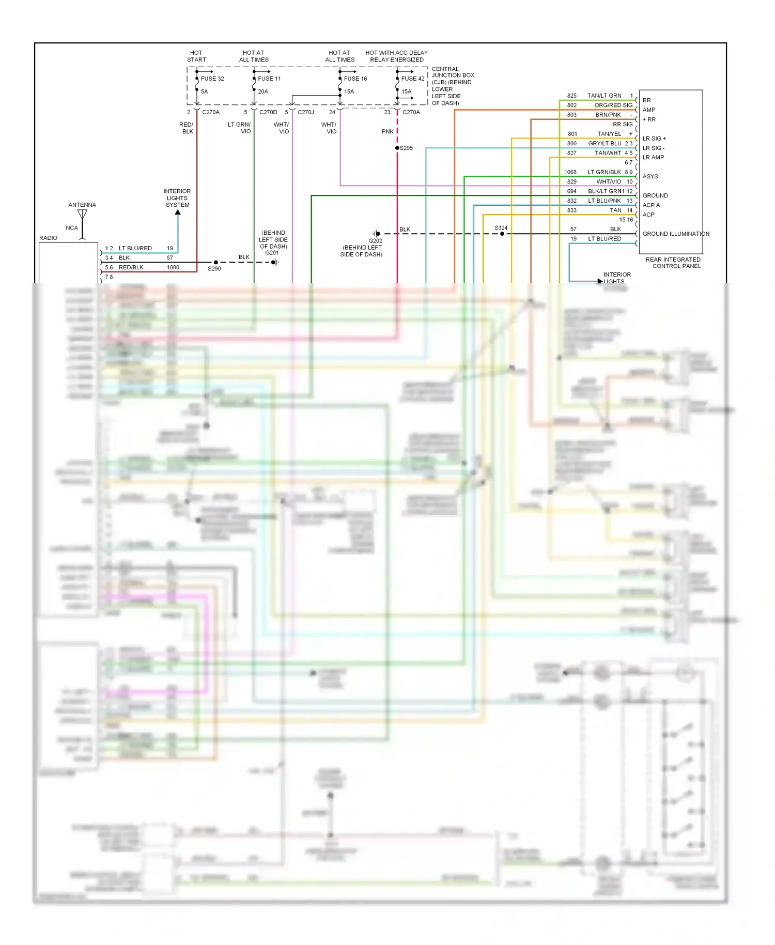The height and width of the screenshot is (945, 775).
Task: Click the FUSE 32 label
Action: pos(212,79)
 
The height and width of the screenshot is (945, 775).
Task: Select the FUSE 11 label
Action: pos(269,79)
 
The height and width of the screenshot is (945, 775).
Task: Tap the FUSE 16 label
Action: pos(355,79)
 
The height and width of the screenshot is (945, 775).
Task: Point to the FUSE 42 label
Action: pos(413,79)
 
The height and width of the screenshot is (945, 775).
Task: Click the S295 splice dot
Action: pos(397,148)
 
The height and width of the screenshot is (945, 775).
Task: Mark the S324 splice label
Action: pos(501,228)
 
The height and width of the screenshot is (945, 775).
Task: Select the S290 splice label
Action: pos(214,269)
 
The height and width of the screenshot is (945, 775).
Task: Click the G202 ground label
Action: pos(376,241)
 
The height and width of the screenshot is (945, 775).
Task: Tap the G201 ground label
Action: pos(272,253)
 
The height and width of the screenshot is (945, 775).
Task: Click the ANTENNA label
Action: pos(82,205)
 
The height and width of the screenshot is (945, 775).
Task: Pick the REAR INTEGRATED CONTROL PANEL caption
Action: pos(673,263)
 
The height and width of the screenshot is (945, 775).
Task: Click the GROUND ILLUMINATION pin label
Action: pos(676,234)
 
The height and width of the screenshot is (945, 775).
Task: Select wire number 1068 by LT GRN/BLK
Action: pos(570,172)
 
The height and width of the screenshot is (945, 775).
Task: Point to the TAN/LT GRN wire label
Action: pos(604,96)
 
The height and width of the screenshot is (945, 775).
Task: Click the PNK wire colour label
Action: pos(388,132)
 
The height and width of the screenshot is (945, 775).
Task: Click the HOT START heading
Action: pos(196,56)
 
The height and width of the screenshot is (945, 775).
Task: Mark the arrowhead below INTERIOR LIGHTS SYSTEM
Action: pos(178,212)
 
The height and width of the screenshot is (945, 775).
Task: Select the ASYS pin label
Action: pos(650,176)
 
